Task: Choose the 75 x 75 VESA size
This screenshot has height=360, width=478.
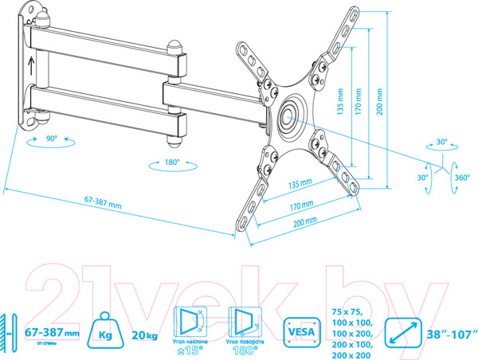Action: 343,311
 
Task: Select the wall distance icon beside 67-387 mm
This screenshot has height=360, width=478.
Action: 9,331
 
